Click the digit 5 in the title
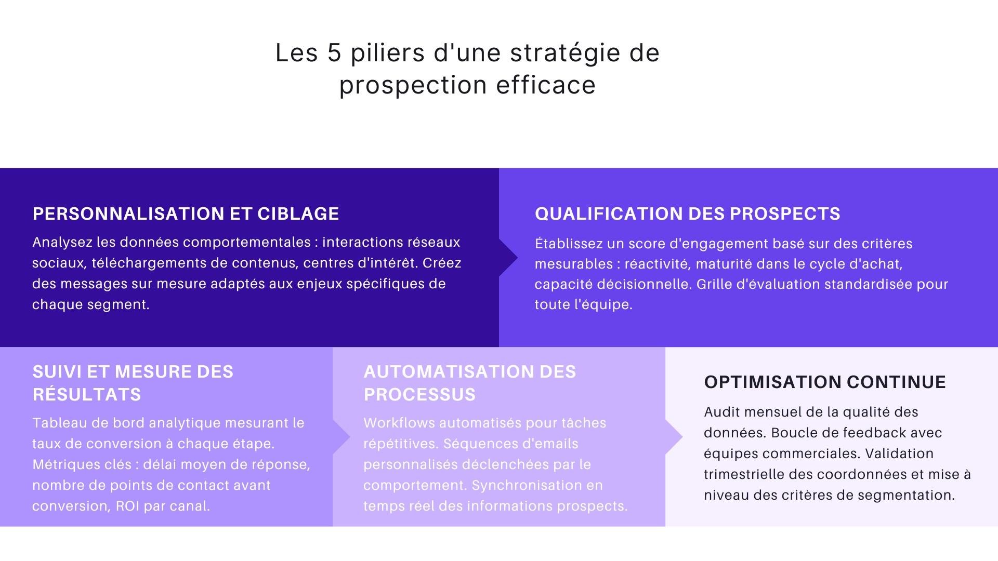pyautogui.click(x=334, y=53)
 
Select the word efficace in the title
pyautogui.click(x=546, y=85)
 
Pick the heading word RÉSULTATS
pyautogui.click(x=87, y=394)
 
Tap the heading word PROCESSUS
pyautogui.click(x=419, y=394)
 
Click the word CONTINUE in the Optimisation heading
pyautogui.click(x=896, y=382)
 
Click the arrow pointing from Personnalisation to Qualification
pyautogui.click(x=508, y=258)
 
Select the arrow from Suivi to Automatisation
pyautogui.click(x=342, y=437)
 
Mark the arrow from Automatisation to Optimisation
pyautogui.click(x=674, y=437)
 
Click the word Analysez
pyautogui.click(x=62, y=243)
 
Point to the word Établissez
pyautogui.click(x=569, y=244)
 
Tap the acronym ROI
pyautogui.click(x=127, y=506)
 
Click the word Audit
pyautogui.click(x=721, y=412)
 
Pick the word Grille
pyautogui.click(x=714, y=284)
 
